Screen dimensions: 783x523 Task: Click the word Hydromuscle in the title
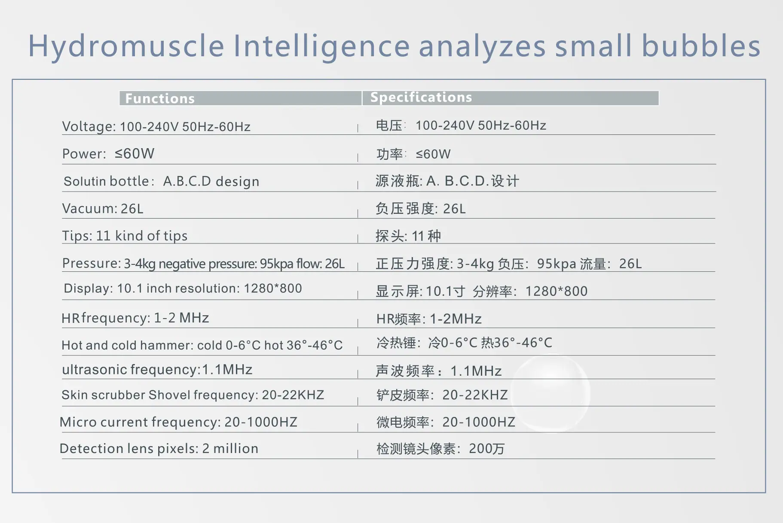tap(126, 46)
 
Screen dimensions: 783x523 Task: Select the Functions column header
tap(160, 98)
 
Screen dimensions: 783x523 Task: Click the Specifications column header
tap(421, 97)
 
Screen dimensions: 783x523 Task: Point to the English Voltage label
tap(89, 127)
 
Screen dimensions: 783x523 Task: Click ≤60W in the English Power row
tap(135, 153)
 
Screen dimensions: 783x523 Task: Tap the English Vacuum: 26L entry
tap(103, 209)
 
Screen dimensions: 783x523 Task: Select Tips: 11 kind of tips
tap(125, 236)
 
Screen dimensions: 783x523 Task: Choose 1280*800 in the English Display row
tap(272, 288)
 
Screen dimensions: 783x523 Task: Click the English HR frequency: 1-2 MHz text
tap(135, 318)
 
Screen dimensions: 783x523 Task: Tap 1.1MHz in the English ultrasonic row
tap(227, 370)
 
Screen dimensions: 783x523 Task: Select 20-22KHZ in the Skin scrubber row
tap(293, 395)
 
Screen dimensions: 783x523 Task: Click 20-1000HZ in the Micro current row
tap(260, 422)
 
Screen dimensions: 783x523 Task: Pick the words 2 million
tap(230, 449)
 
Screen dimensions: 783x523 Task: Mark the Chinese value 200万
tap(486, 449)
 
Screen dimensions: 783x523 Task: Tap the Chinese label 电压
tap(389, 125)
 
